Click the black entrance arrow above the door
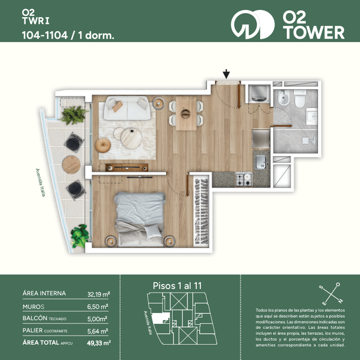point(226,74)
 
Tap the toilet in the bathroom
point(300,99)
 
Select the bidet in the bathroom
point(284,98)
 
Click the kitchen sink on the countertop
point(262,162)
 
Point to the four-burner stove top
point(244,179)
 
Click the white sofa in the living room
point(127,108)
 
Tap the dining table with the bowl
point(186,113)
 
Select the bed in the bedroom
point(140,219)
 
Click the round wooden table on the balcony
point(71,165)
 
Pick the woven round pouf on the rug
point(103,145)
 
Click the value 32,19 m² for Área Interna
point(99,294)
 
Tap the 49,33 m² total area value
point(99,343)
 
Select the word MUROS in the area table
point(33,307)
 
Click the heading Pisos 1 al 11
point(177,286)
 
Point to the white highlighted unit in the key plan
point(161,318)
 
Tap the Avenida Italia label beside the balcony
point(40,183)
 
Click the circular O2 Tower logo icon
point(252,24)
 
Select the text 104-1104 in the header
point(45,35)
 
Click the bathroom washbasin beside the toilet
point(312,116)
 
